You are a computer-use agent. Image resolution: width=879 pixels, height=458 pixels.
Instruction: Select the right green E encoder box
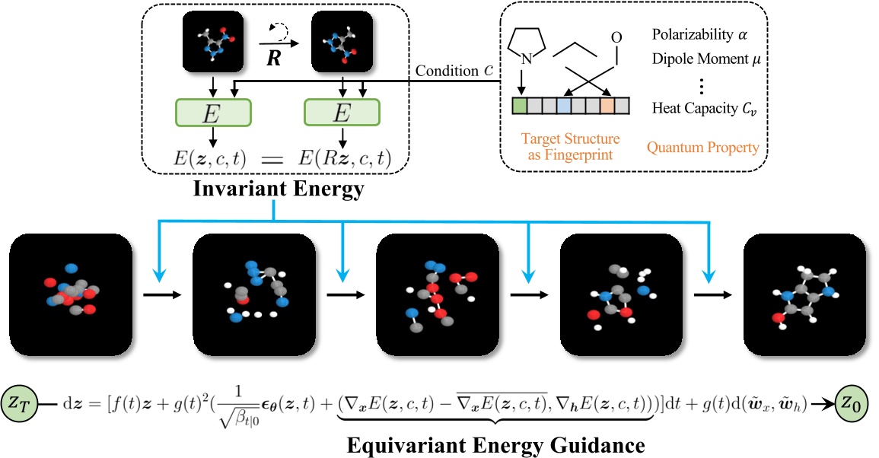[342, 113]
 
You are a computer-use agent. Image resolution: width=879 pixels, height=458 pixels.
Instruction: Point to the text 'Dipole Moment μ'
[708, 57]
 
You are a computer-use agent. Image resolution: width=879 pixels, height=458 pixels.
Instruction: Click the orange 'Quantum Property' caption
[702, 147]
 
